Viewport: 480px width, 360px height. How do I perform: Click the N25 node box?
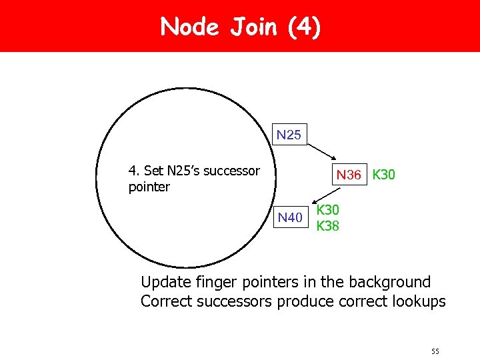click(x=289, y=135)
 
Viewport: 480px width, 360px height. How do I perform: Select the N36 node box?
click(x=349, y=175)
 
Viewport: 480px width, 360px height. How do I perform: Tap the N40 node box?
click(x=290, y=217)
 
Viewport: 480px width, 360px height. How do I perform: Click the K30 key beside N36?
click(x=384, y=175)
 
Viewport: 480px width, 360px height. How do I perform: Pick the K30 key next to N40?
click(x=328, y=211)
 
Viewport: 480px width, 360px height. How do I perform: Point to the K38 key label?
click(x=328, y=226)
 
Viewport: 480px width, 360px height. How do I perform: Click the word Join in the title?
click(x=254, y=27)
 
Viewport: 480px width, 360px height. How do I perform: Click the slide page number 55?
click(x=436, y=351)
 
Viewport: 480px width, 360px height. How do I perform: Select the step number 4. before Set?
click(x=134, y=171)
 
